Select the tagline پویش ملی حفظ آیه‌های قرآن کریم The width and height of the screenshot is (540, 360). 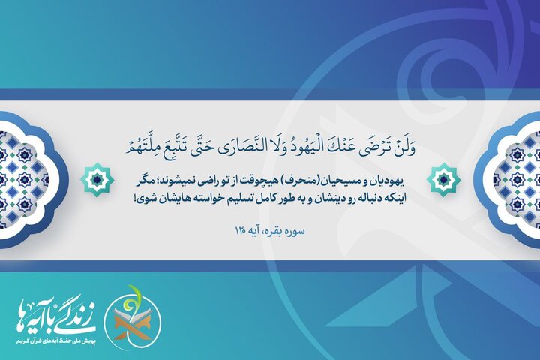(x=51, y=340)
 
